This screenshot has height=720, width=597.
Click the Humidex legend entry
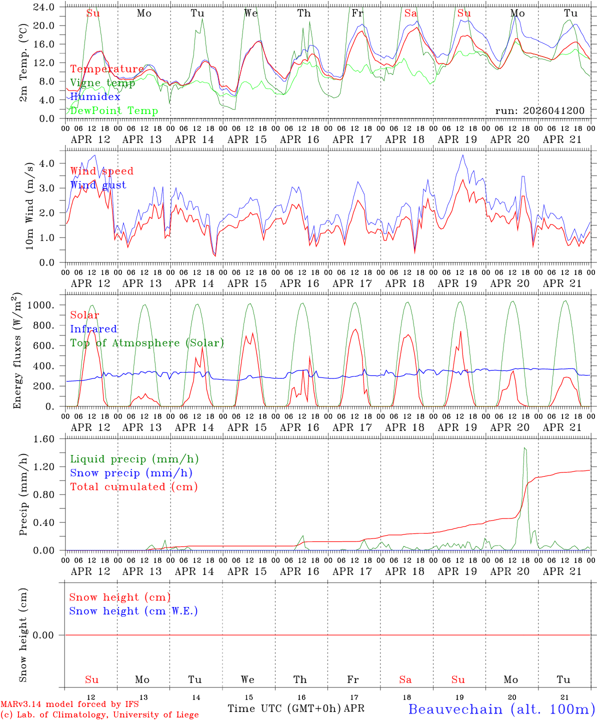[x=95, y=97]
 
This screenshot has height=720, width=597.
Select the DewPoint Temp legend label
[x=114, y=110]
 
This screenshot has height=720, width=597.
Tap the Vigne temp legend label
[x=102, y=83]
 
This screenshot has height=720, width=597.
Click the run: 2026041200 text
[x=539, y=110]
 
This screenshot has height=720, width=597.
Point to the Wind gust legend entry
[x=98, y=185]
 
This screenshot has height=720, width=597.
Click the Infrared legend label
[x=93, y=329]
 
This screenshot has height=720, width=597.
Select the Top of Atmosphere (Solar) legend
[x=146, y=343]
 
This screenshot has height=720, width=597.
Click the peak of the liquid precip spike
[x=524, y=448]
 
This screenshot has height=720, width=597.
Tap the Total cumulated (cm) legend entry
[x=133, y=486]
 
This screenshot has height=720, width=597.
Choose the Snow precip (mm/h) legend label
[x=131, y=473]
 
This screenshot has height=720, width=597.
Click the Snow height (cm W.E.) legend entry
[x=133, y=611]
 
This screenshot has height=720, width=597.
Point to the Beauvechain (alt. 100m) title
[x=501, y=709]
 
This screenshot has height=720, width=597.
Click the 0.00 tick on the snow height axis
[x=48, y=635]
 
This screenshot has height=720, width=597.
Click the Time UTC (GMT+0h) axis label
[x=284, y=708]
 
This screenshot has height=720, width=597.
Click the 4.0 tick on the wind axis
[x=54, y=163]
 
